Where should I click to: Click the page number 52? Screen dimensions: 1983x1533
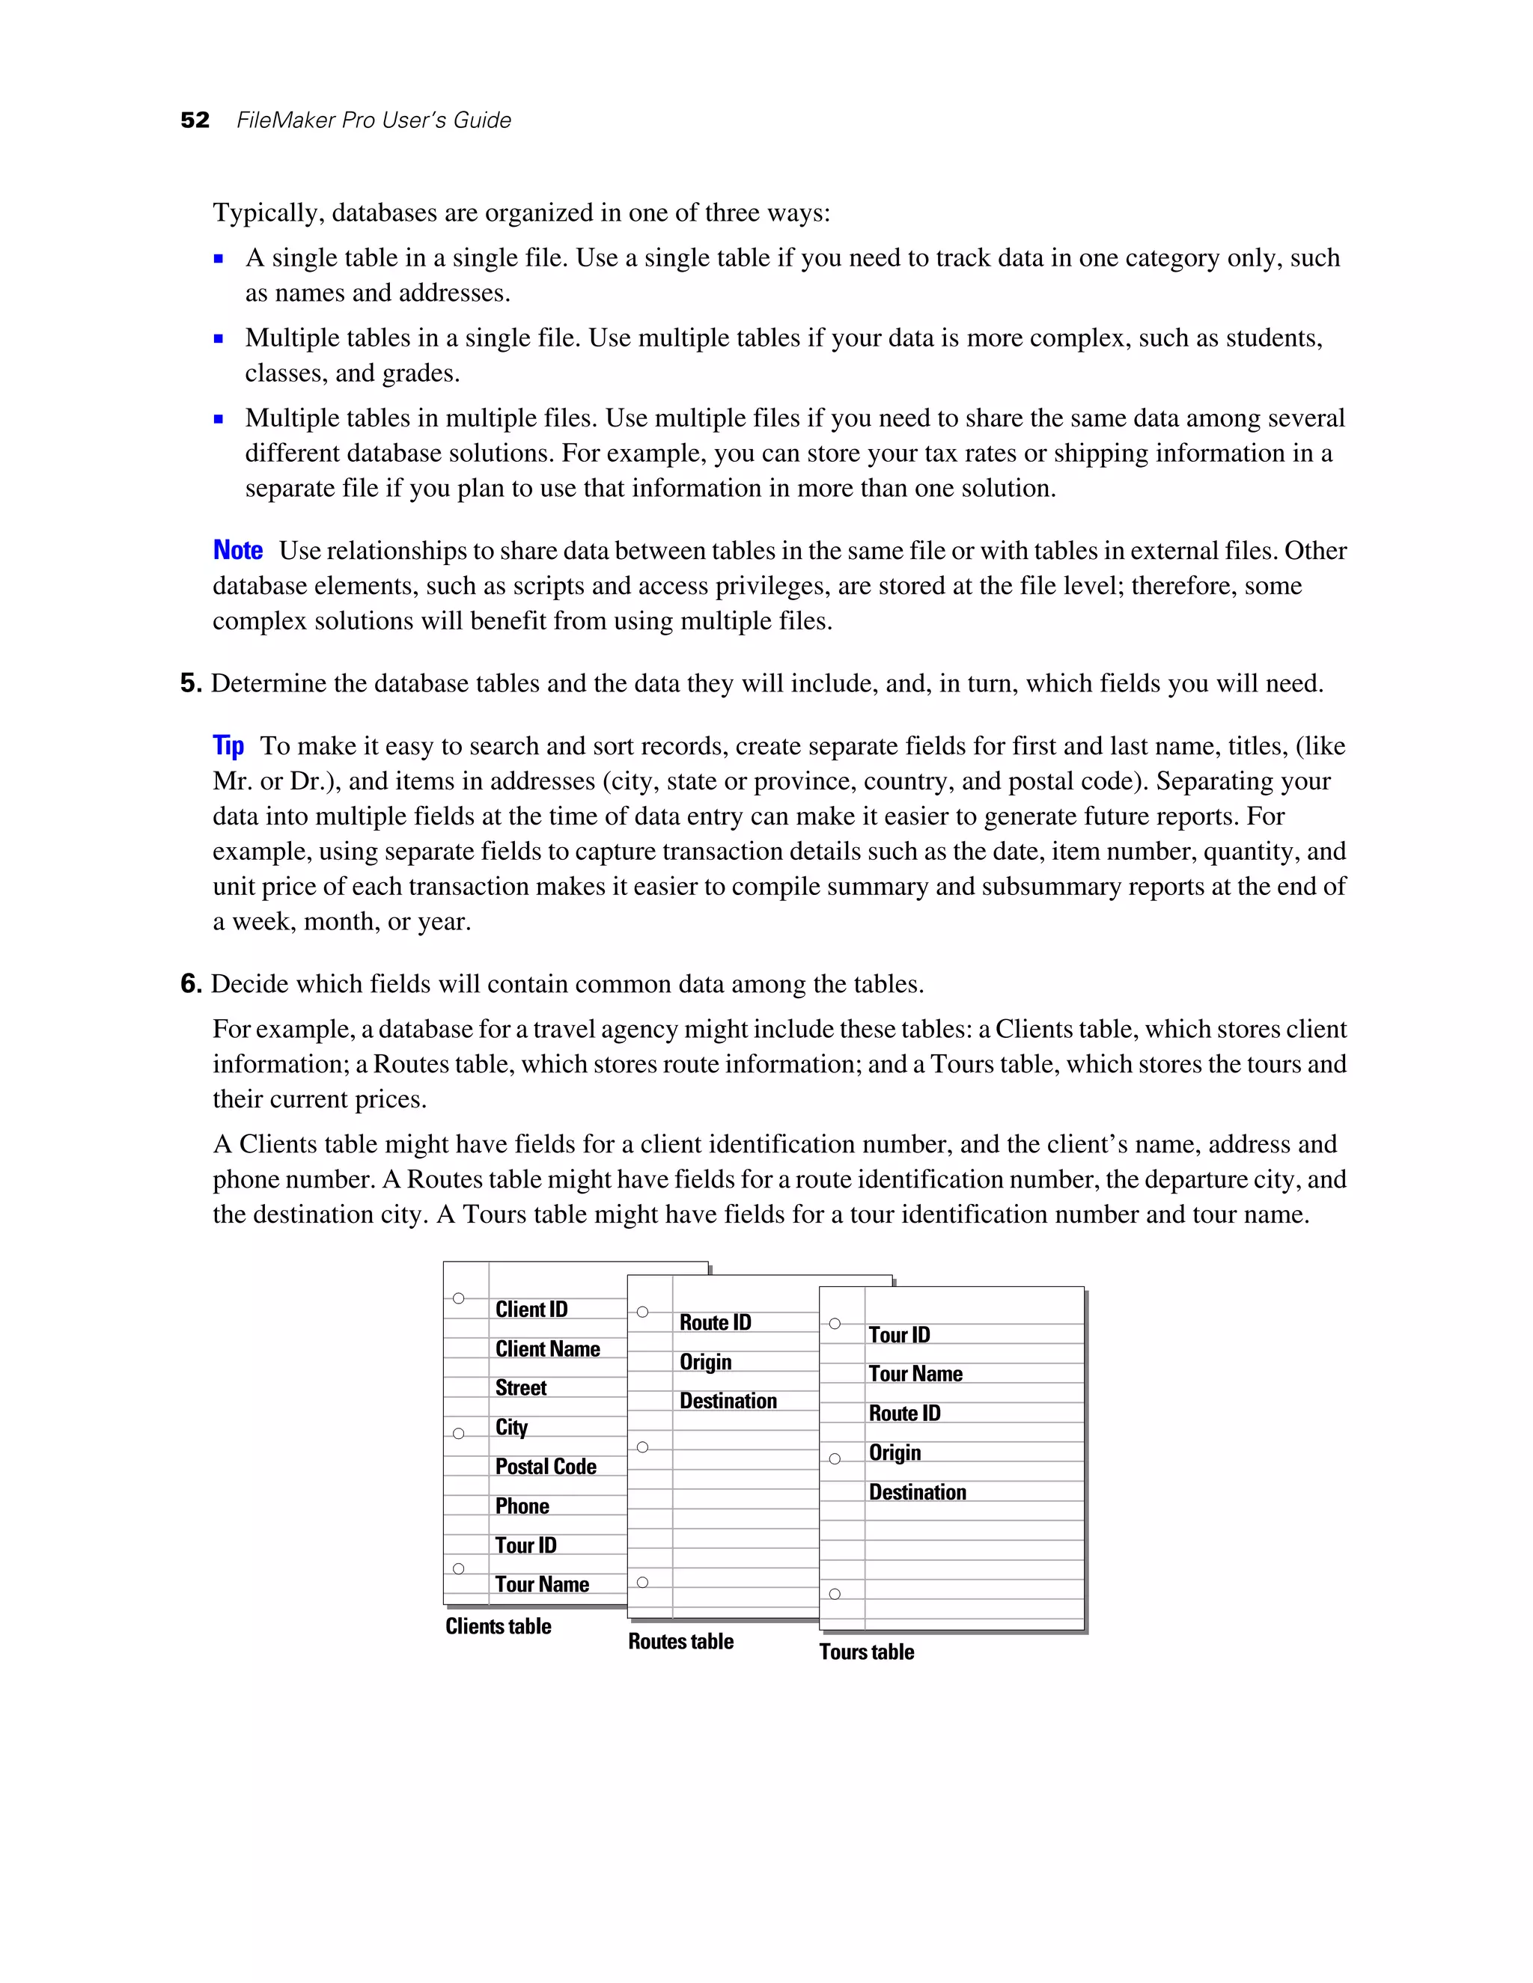tap(195, 120)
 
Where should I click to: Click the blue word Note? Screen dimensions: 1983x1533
tap(238, 550)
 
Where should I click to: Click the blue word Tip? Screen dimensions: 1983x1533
tap(228, 745)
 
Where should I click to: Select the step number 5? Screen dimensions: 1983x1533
tap(190, 682)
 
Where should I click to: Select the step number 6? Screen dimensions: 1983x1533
tap(190, 983)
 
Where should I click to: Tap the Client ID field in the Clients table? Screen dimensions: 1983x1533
tap(531, 1310)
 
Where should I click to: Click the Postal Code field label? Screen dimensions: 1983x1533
tap(546, 1467)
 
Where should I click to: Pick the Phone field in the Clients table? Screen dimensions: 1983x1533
tap(522, 1506)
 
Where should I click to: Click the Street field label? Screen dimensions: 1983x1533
tap(520, 1387)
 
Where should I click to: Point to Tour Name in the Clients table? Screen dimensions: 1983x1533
tap(542, 1584)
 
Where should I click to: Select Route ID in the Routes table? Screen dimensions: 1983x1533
tap(716, 1322)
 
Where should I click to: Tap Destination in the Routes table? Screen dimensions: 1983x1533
tap(728, 1401)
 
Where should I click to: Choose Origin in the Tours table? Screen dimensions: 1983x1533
tap(894, 1452)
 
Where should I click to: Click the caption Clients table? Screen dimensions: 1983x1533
tap(499, 1626)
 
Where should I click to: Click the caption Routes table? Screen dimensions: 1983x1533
tap(681, 1641)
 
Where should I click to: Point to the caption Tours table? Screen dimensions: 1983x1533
tap(866, 1652)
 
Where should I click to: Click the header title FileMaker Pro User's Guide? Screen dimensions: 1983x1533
tap(374, 120)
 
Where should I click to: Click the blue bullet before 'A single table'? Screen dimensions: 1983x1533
tap(219, 259)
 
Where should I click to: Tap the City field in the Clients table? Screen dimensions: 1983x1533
tap(511, 1427)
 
